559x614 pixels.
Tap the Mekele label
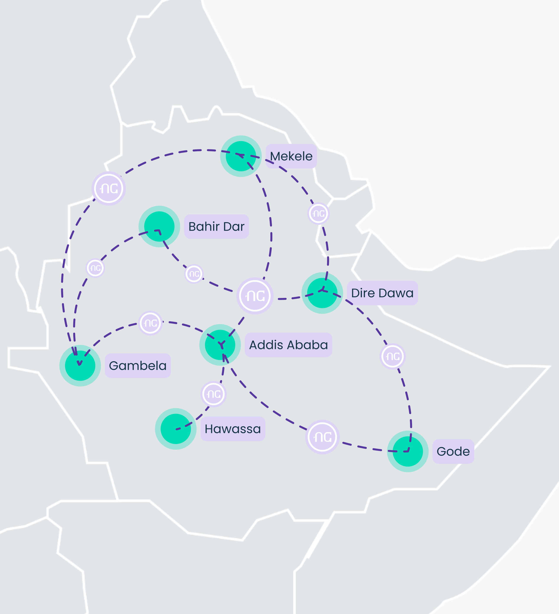291,156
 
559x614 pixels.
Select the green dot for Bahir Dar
159,226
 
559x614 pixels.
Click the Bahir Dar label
216,227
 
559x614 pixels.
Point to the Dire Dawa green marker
322,293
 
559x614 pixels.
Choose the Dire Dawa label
382,293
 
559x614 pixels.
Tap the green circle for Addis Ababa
220,345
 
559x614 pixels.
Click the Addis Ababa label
288,345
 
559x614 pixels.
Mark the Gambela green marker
80,366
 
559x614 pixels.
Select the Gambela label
138,366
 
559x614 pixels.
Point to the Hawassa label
233,429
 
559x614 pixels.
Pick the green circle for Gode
408,451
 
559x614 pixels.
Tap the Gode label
453,451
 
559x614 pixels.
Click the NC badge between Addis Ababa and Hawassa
214,394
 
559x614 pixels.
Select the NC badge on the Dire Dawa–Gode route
393,356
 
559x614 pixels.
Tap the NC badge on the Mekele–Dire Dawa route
319,214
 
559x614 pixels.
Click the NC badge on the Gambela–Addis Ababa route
150,323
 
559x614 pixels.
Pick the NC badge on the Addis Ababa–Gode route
322,437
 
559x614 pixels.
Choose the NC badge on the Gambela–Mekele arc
109,189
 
